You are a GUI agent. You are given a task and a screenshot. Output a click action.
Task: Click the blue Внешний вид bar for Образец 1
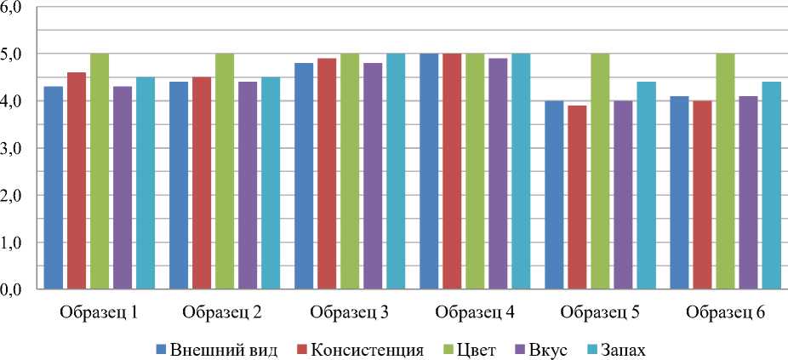[x=54, y=188]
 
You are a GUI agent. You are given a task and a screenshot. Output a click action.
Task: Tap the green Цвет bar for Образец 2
[x=224, y=171]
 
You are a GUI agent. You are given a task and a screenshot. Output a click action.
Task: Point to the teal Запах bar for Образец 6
[x=771, y=186]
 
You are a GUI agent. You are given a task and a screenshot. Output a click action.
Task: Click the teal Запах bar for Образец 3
[x=396, y=171]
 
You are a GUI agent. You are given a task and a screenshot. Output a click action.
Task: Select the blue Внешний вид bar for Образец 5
[x=554, y=195]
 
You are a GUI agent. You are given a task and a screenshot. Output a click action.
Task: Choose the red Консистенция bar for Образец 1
[x=77, y=181]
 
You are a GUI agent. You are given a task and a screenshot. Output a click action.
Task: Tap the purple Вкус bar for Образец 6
[x=748, y=192]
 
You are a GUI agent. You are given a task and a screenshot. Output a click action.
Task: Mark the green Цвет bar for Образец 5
[x=600, y=171]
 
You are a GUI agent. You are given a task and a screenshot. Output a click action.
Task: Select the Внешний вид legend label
[x=226, y=349]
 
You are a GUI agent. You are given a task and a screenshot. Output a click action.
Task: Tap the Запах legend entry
[x=630, y=349]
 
